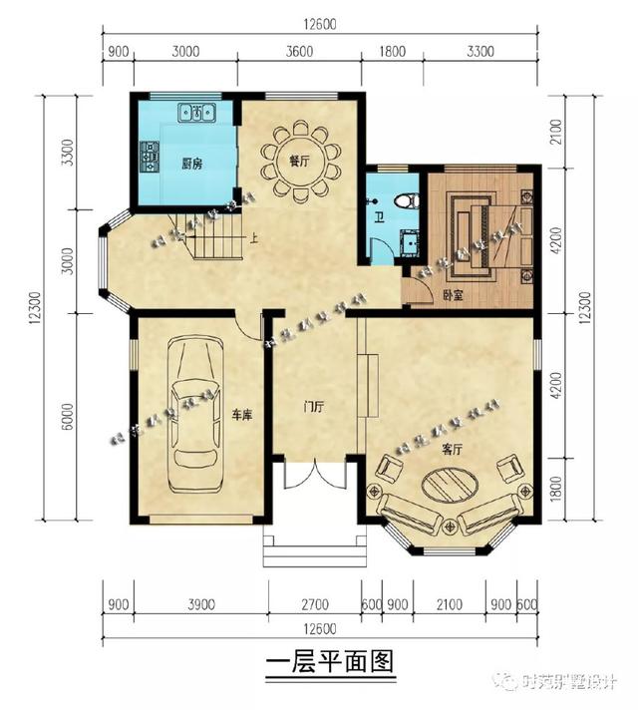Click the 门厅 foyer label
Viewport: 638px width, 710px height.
click(x=314, y=407)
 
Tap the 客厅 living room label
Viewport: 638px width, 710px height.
click(x=454, y=450)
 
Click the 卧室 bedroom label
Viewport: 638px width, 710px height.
click(x=454, y=294)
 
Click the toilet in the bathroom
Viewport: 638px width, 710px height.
click(x=404, y=199)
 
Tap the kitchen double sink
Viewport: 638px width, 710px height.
click(x=197, y=113)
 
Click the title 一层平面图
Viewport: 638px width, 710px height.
click(x=332, y=662)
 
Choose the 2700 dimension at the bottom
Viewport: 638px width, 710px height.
click(x=314, y=603)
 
